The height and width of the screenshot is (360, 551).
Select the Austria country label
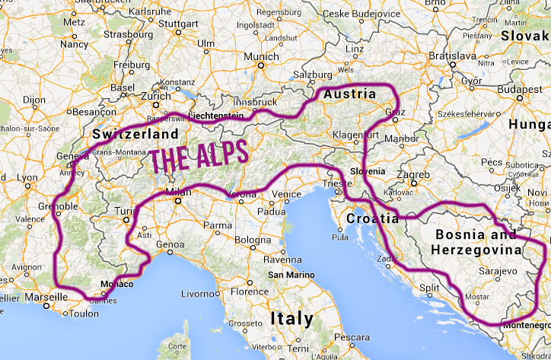[x=349, y=94]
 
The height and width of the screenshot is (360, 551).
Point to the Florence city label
[x=250, y=292]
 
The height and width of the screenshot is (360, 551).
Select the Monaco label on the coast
[x=116, y=285]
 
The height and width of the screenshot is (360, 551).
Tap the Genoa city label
[x=174, y=245]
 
